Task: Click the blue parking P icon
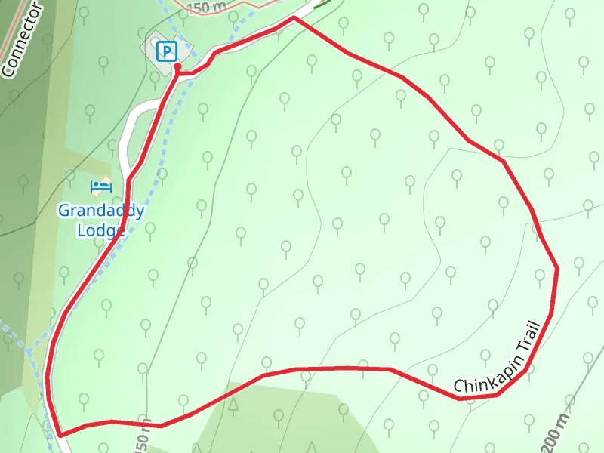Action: [166, 51]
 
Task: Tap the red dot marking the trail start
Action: [177, 67]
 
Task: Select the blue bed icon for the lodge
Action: [100, 186]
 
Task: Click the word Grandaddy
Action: [100, 211]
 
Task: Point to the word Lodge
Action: [100, 229]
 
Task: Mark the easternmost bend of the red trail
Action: [557, 268]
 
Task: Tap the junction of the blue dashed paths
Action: [28, 352]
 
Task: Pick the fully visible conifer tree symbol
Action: [233, 405]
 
